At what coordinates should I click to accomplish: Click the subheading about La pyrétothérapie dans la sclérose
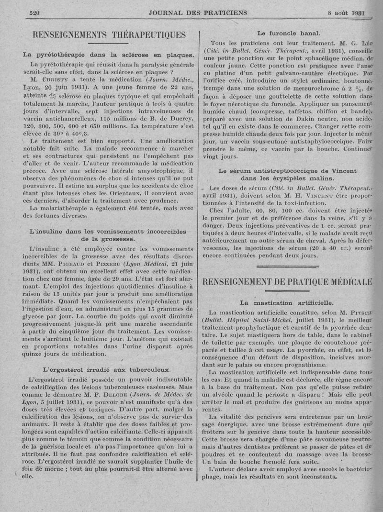(108, 55)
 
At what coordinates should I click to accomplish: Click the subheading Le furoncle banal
(288, 33)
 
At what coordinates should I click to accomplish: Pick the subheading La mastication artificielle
(287, 303)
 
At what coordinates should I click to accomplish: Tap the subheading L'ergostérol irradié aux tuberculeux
(107, 369)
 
